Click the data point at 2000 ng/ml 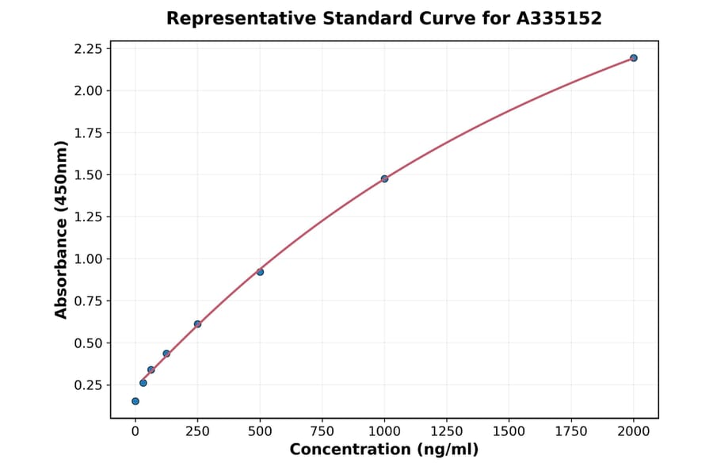[634, 58]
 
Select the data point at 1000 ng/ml [384, 179]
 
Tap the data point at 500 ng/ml [260, 272]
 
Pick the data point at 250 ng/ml [197, 324]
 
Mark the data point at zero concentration [135, 401]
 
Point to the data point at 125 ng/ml [166, 354]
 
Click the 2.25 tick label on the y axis [87, 49]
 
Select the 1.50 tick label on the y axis [87, 174]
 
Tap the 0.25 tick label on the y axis [87, 385]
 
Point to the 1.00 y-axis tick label [87, 259]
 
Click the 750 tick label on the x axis [322, 431]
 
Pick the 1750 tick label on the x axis [571, 431]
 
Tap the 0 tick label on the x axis [135, 431]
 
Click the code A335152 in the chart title [559, 18]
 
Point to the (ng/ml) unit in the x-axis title [449, 450]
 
